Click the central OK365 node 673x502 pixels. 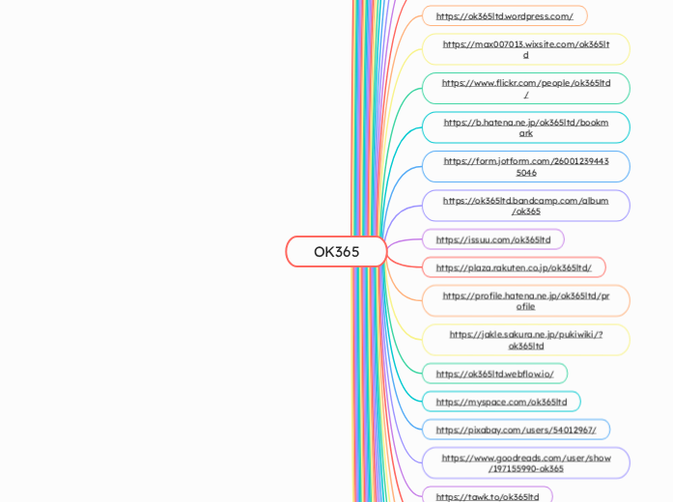tap(336, 252)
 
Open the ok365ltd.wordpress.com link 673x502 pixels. tap(504, 16)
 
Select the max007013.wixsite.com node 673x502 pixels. tap(525, 49)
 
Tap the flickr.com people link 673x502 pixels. tap(525, 88)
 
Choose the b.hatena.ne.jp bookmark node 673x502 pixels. tap(525, 127)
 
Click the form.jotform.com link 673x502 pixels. tap(525, 166)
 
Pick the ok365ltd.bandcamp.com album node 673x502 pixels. tap(525, 206)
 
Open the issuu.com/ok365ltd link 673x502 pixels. tap(492, 239)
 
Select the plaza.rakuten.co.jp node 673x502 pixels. tap(513, 267)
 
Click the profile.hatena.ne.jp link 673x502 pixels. tap(525, 300)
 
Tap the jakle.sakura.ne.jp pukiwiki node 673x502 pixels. tap(525, 340)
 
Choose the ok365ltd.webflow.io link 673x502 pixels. tap(494, 374)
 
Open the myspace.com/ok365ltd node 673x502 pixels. tap(501, 402)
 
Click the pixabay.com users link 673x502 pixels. tap(516, 430)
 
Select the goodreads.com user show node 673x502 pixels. tap(525, 462)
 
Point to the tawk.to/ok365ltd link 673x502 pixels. tap(487, 496)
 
